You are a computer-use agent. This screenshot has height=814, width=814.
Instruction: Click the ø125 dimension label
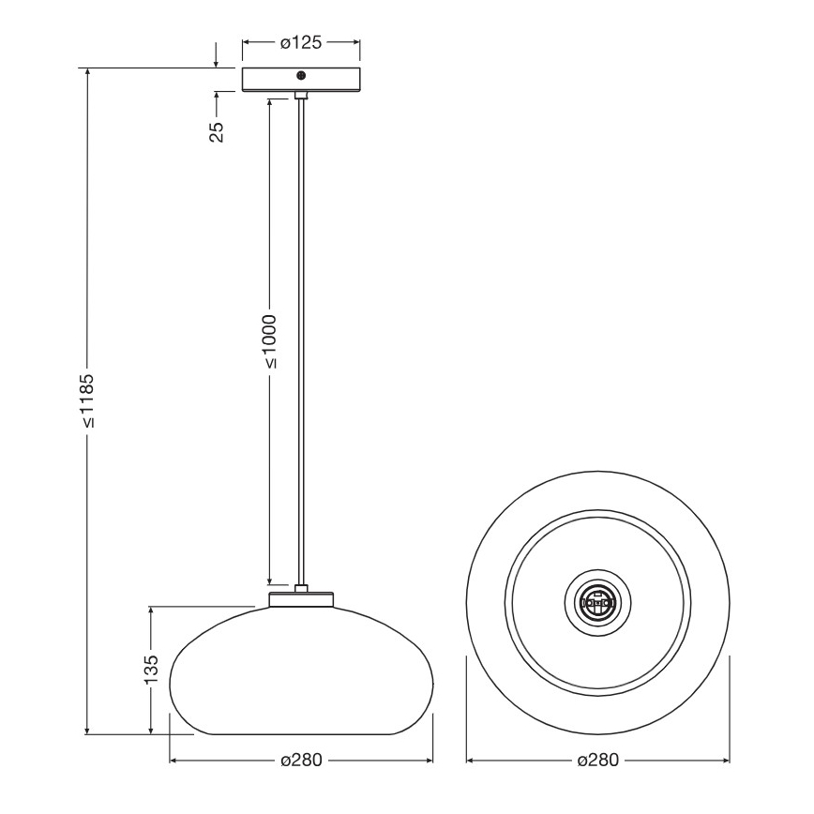(x=301, y=41)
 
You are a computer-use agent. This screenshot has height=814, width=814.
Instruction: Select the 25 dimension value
(x=217, y=131)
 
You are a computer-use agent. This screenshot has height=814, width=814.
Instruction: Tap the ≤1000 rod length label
(x=269, y=340)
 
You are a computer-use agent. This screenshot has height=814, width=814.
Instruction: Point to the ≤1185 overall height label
(x=87, y=400)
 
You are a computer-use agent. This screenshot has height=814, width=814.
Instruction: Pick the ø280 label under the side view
(x=300, y=760)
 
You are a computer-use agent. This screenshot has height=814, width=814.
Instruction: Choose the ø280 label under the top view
(x=597, y=760)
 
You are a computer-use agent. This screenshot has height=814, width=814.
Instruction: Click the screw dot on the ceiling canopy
(x=301, y=76)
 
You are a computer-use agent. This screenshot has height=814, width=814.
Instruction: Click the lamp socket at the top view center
(x=597, y=600)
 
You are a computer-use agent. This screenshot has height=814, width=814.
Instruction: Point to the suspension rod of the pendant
(x=301, y=338)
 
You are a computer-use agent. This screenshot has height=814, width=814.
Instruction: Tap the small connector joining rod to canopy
(x=301, y=95)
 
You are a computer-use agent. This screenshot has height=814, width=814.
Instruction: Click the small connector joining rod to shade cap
(x=301, y=589)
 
